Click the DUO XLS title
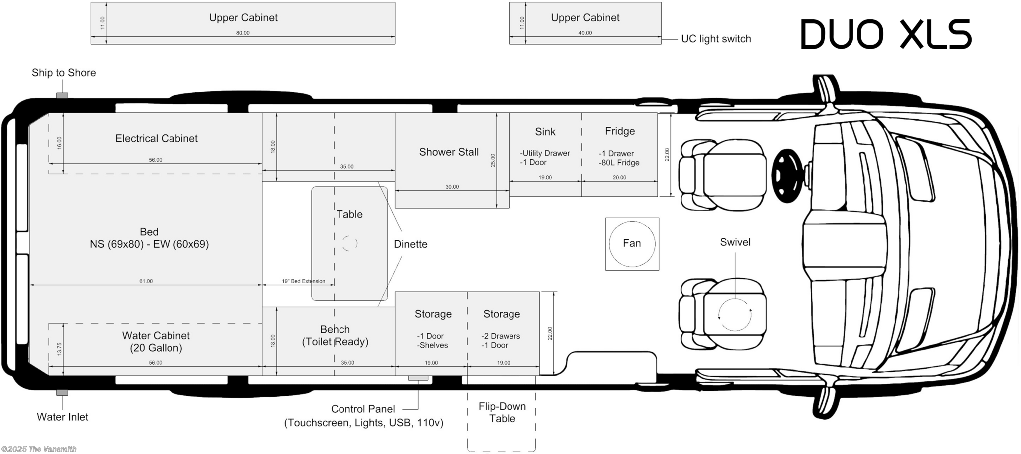tap(886, 34)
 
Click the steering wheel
tap(787, 176)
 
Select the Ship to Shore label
tap(64, 73)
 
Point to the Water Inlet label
tap(62, 417)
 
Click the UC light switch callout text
tap(716, 39)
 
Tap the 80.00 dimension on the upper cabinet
tap(243, 33)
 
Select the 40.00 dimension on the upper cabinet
tap(585, 33)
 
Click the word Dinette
tap(411, 244)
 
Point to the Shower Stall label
tap(449, 152)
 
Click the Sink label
tap(545, 132)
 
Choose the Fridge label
tap(620, 131)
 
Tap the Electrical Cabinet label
tap(157, 138)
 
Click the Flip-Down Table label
tap(502, 412)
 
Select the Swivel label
tap(735, 242)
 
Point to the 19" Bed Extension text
tap(303, 281)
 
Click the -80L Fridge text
tap(619, 163)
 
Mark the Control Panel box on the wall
tap(418, 378)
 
